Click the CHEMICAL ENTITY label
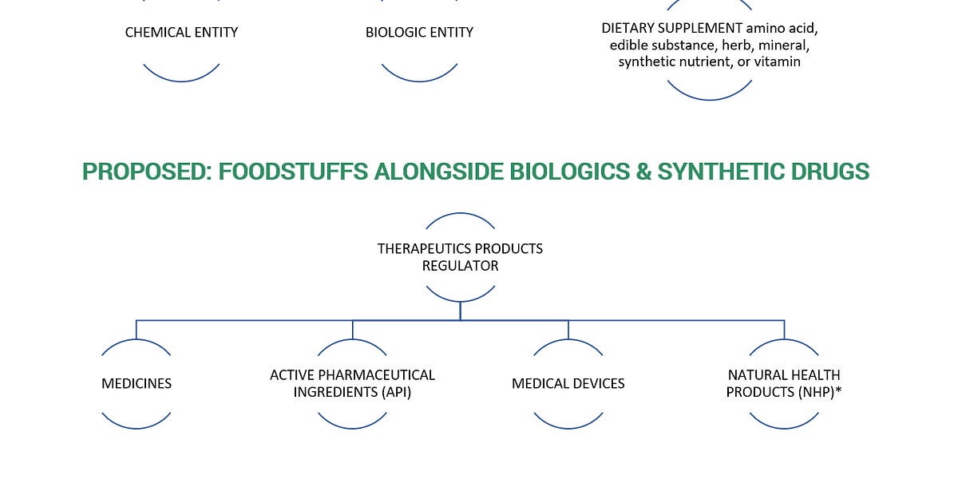pos(181,33)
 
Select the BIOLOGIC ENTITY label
pos(419,33)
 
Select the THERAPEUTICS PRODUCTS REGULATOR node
pos(460,257)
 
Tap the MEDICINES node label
pos(137,384)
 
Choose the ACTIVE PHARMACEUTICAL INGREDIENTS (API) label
pos(352,384)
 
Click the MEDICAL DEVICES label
pos(568,384)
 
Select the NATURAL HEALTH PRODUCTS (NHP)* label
pos(783,384)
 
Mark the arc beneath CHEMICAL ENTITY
pos(181,78)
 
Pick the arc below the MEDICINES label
pos(137,426)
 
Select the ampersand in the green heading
pos(639,172)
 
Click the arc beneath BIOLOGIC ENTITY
pos(419,78)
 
